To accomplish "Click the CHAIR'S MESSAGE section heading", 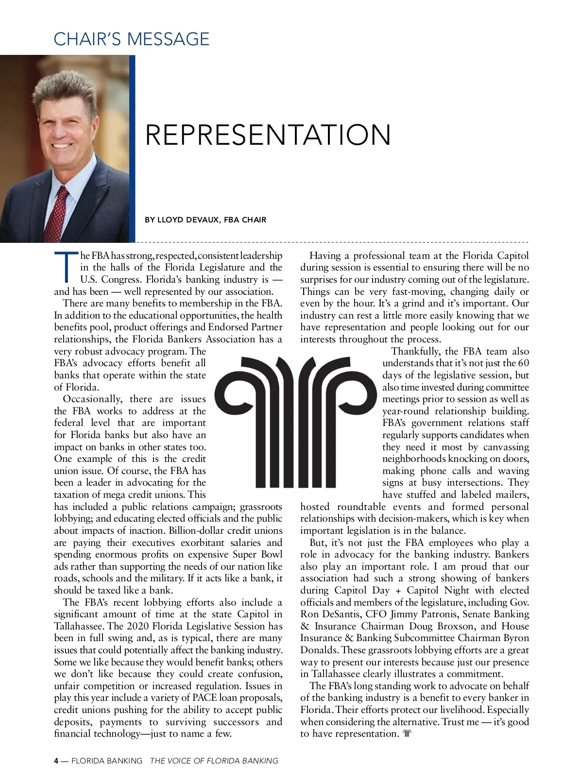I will tap(131, 39).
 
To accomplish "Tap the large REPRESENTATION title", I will tap(268, 135).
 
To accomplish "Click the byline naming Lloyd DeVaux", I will tap(206, 220).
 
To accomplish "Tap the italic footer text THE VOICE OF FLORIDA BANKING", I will tap(214, 761).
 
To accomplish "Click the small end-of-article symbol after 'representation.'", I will tap(407, 734).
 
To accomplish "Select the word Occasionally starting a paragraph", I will tap(92, 399).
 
